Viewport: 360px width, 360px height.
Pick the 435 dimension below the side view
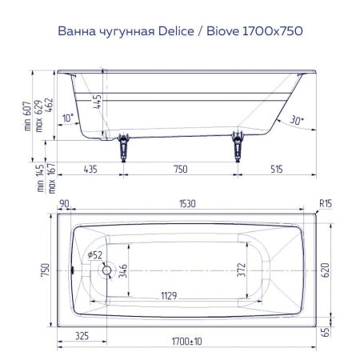(90, 170)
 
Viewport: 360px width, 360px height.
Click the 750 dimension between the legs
(180, 170)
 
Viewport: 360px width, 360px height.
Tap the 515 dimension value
(277, 170)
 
